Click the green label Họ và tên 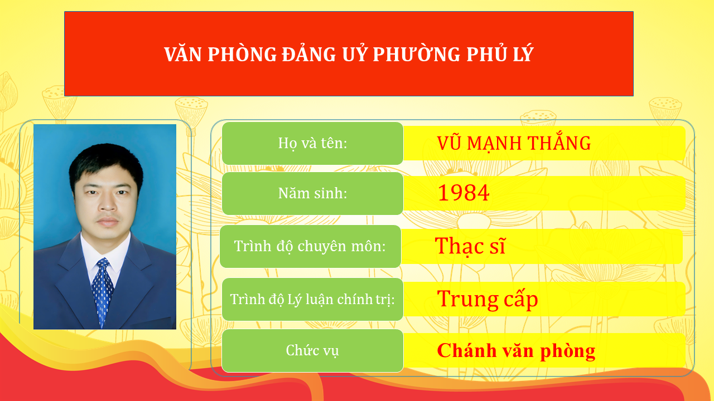pyautogui.click(x=312, y=143)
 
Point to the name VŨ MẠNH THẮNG pyautogui.click(x=514, y=143)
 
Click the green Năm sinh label pyautogui.click(x=312, y=193)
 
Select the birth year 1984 pyautogui.click(x=464, y=193)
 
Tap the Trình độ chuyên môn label pyautogui.click(x=310, y=246)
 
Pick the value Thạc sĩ pyautogui.click(x=470, y=246)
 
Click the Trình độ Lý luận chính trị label pyautogui.click(x=312, y=299)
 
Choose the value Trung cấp pyautogui.click(x=488, y=299)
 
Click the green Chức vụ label pyautogui.click(x=312, y=350)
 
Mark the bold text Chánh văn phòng pyautogui.click(x=516, y=351)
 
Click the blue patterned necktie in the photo pyautogui.click(x=102, y=290)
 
